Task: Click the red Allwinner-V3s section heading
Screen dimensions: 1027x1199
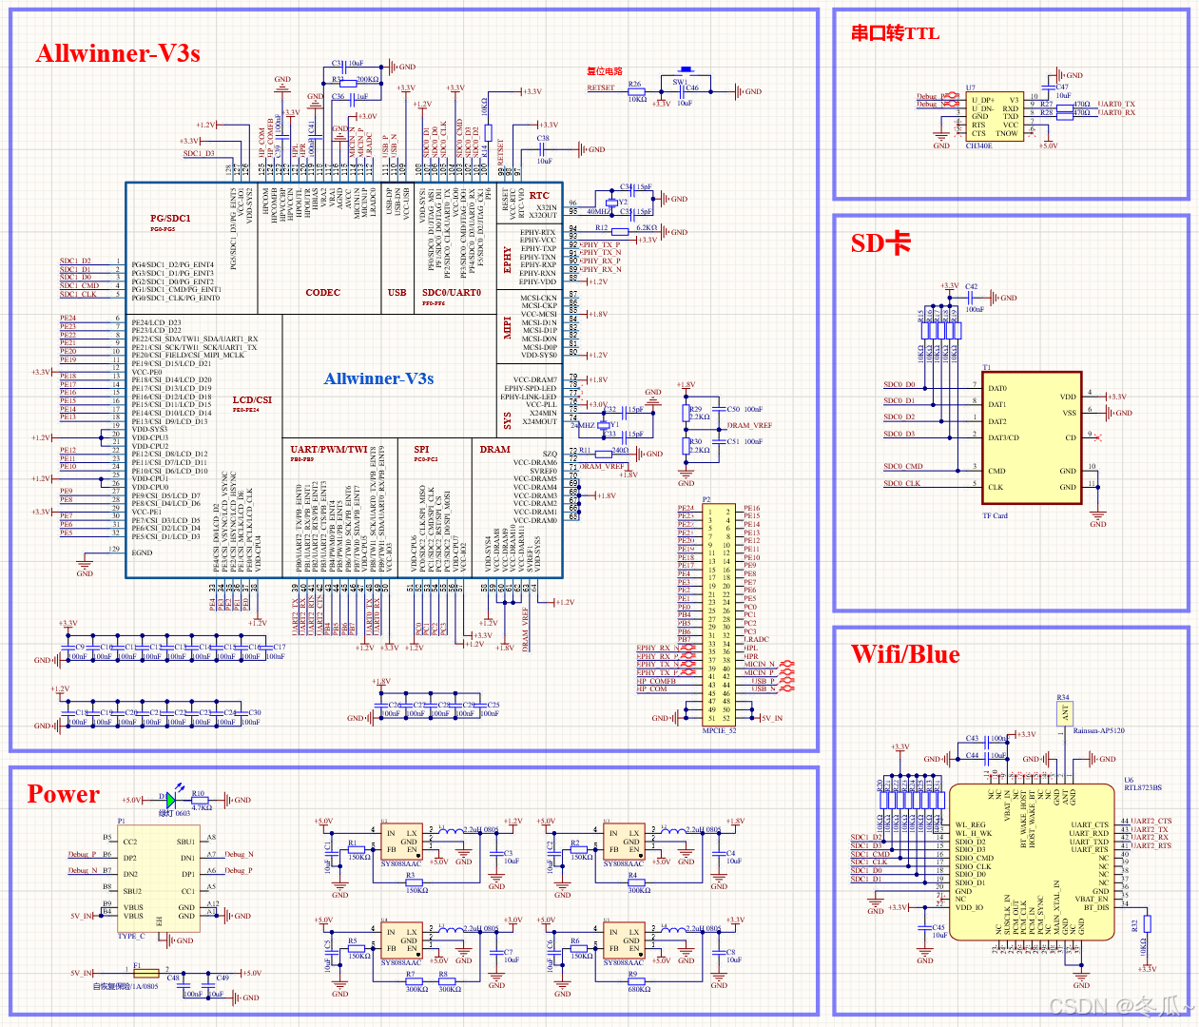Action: coord(118,54)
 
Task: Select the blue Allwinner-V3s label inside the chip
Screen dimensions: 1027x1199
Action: coord(378,378)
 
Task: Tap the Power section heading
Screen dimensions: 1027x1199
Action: coord(64,794)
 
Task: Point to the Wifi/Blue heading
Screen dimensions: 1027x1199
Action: coord(905,654)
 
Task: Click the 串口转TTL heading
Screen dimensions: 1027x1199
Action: coord(895,33)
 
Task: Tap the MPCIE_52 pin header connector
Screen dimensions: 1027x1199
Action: coord(719,614)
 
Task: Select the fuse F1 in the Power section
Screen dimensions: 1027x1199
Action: coord(146,973)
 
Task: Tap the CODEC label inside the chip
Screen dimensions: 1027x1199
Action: coord(322,293)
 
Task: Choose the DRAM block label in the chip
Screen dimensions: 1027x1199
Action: coord(494,449)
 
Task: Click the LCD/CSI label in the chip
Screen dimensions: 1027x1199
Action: coord(252,400)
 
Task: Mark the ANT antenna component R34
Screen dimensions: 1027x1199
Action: coord(1064,713)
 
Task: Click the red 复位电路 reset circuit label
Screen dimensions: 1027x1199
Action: coord(605,71)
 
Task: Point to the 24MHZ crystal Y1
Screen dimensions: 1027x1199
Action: coord(604,425)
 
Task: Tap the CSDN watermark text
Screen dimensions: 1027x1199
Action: coord(1121,1006)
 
